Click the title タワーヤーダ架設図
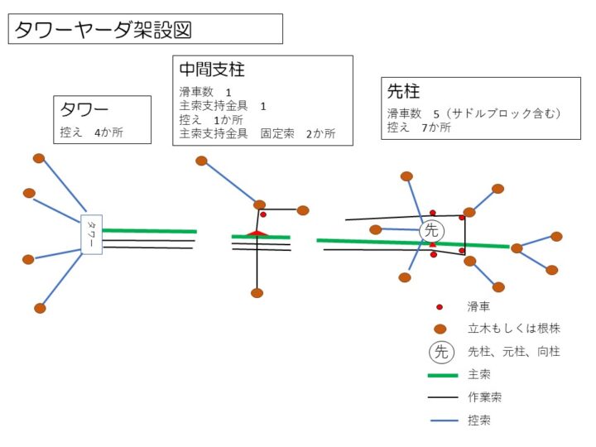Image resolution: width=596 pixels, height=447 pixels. (103, 30)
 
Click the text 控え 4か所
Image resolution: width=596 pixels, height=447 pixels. (91, 132)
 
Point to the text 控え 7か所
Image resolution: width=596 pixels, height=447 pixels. (419, 127)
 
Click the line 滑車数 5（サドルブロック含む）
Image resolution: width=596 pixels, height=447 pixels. (473, 113)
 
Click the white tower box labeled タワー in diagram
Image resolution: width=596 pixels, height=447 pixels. (91, 233)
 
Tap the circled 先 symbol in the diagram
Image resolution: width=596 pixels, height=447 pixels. (431, 231)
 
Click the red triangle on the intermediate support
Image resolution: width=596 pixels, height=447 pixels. (257, 233)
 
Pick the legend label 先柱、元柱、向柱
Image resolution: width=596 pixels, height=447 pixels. (513, 352)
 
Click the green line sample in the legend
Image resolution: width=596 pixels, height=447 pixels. (443, 375)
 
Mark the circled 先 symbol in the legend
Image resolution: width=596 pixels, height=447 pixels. (441, 352)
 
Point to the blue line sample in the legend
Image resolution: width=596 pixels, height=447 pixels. (443, 421)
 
